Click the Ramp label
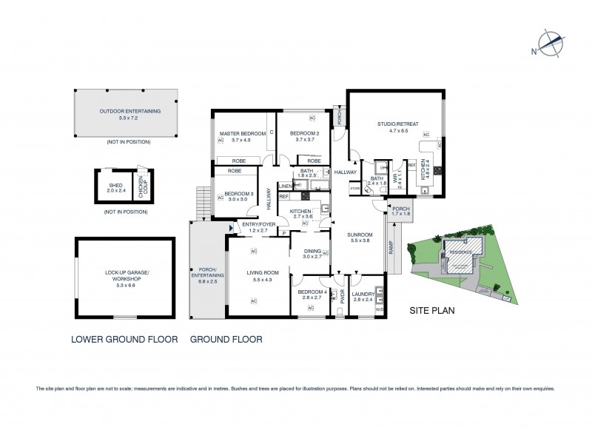(390, 251)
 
